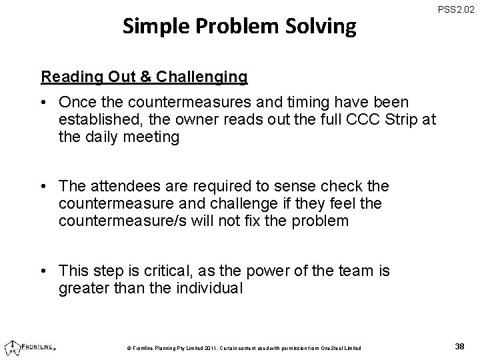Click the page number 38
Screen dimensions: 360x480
coord(459,345)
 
